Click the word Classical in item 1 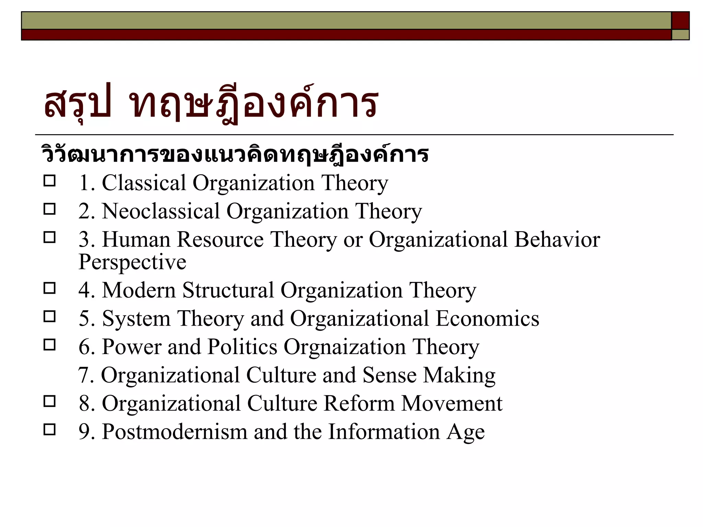(144, 183)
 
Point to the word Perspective (132, 262)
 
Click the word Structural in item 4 (228, 290)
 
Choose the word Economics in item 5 (487, 318)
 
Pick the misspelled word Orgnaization (345, 347)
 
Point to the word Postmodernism (175, 432)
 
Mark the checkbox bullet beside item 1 (50, 181)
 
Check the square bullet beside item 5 (50, 316)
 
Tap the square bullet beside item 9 (50, 430)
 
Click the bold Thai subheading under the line (235, 155)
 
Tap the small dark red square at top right (680, 21)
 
